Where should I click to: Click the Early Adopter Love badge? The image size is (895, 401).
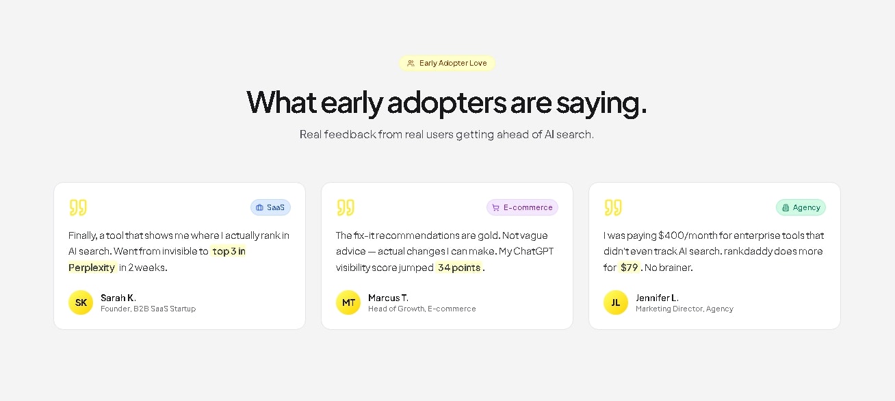tap(447, 63)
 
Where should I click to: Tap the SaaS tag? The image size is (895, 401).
tap(270, 207)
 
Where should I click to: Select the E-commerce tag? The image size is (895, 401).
tap(522, 207)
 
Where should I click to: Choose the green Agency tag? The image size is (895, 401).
tap(801, 207)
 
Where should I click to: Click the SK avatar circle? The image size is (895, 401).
tap(81, 302)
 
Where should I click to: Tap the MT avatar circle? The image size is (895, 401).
tap(348, 302)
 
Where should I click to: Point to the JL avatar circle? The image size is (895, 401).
tap(616, 302)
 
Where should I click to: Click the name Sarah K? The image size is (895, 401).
tap(118, 298)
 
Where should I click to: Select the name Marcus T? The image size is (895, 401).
tap(388, 298)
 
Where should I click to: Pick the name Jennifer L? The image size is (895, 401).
tap(657, 298)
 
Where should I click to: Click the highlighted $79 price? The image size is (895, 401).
tap(629, 268)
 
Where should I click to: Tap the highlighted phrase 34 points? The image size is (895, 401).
tap(458, 268)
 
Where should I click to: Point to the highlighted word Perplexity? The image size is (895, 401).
tap(92, 268)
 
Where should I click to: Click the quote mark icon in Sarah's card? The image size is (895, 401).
tap(78, 207)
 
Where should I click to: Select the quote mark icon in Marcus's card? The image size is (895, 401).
tap(346, 207)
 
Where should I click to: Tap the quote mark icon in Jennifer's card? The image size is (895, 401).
tap(613, 207)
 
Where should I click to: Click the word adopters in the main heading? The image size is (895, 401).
tap(446, 103)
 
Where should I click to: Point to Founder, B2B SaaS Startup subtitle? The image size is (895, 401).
tap(148, 309)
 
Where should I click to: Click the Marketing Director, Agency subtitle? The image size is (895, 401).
tap(684, 309)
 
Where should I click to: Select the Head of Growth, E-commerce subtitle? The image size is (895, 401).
tap(421, 309)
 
